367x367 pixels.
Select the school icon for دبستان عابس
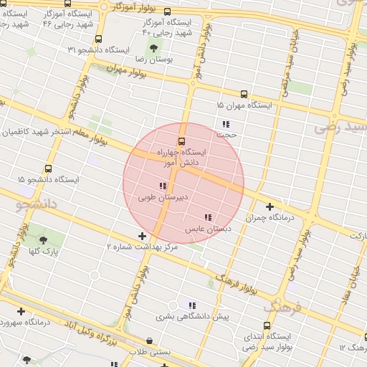(x=208, y=217)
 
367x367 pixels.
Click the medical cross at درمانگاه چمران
(x=269, y=206)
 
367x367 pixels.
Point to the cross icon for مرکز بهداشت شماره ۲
(x=143, y=236)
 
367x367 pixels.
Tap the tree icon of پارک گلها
(x=44, y=240)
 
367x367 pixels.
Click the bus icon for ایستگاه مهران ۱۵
(x=244, y=94)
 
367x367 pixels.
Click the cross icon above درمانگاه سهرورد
(x=21, y=311)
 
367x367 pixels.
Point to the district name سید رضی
(x=340, y=127)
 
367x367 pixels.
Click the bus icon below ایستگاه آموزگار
(x=168, y=11)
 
